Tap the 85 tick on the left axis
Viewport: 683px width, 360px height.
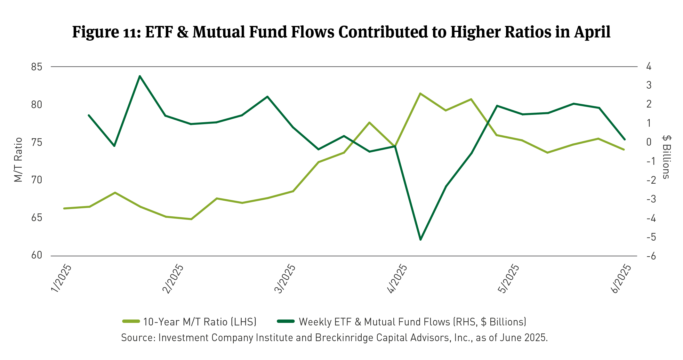37,67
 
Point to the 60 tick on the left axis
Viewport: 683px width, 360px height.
37,255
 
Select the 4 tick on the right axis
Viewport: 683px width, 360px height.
649,67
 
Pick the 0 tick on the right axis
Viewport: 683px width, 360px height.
649,142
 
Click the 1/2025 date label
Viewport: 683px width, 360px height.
61,278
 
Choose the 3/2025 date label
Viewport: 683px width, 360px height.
285,278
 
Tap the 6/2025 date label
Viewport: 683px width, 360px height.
621,278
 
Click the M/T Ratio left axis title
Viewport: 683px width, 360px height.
19,160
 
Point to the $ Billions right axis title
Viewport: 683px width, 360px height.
666,157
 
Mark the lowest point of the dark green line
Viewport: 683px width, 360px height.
421,240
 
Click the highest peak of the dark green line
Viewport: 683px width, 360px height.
140,76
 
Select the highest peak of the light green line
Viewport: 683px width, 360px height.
420,93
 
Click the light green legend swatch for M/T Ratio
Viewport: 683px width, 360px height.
131,321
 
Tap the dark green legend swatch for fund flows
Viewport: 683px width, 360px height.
285,321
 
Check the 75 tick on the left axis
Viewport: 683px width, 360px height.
37,142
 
